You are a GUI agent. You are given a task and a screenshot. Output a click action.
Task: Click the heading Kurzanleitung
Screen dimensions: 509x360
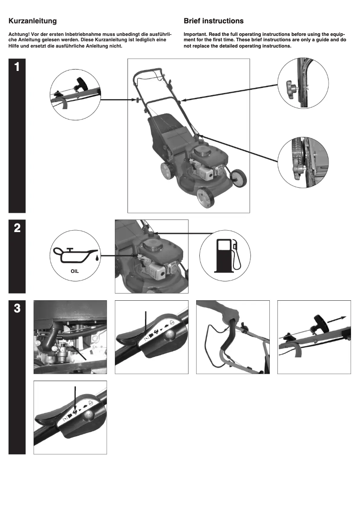(33, 21)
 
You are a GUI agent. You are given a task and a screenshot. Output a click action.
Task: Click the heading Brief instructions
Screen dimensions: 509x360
(214, 21)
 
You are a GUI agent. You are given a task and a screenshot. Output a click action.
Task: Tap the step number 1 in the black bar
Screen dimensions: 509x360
(17, 67)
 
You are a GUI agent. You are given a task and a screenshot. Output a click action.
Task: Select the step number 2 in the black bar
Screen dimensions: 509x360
(17, 228)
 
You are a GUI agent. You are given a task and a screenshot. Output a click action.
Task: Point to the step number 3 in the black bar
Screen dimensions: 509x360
(17, 309)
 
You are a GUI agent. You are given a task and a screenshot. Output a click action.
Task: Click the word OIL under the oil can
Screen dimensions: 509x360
(75, 271)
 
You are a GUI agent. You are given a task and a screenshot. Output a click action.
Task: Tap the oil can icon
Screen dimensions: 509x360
(75, 256)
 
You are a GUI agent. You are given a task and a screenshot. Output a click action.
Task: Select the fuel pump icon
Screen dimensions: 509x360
(226, 255)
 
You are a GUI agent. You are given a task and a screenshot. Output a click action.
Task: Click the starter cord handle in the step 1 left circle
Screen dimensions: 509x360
(83, 84)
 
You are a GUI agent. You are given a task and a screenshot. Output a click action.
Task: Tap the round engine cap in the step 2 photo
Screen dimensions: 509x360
(151, 245)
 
